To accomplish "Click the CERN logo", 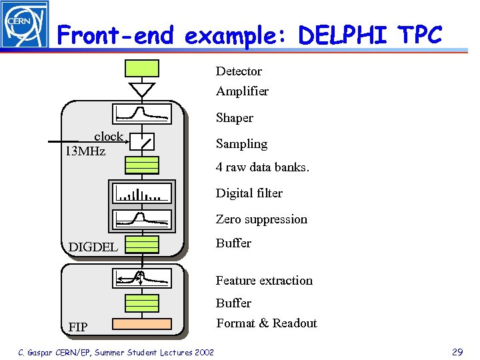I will click(25, 25).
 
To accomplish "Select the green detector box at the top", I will click(142, 68).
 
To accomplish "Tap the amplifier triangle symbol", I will click(142, 89).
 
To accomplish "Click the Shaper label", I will click(234, 118).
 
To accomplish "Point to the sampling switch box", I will click(142, 141).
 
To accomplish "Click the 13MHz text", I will click(85, 151).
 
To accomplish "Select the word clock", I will click(108, 137).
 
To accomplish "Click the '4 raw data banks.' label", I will click(262, 167).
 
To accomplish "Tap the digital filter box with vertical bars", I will click(142, 193).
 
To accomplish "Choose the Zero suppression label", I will click(261, 219).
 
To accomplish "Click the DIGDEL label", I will click(93, 247).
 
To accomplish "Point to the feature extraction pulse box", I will click(142, 278).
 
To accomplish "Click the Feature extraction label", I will click(264, 281).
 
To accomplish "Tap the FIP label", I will click(78, 327).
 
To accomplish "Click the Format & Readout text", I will click(266, 323).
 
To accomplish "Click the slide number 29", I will click(457, 352).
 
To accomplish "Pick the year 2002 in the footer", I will click(201, 352).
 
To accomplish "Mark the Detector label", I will click(239, 71).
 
